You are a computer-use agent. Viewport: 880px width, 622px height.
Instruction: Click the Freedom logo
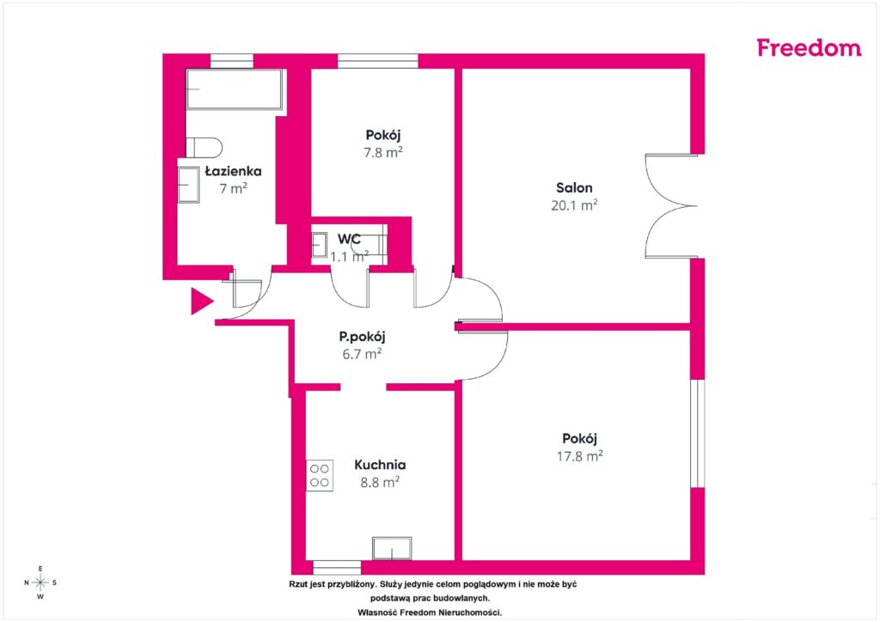click(x=809, y=47)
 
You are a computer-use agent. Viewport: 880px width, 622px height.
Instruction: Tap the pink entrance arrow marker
click(x=202, y=302)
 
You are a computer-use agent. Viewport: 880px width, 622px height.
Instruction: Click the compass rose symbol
click(x=40, y=582)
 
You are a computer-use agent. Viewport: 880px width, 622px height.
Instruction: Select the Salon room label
click(x=574, y=188)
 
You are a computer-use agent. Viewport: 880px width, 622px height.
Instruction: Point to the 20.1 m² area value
click(x=574, y=205)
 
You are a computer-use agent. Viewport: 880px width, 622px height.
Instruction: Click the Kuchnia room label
click(x=380, y=465)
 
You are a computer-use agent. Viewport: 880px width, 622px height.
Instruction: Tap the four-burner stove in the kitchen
click(x=320, y=476)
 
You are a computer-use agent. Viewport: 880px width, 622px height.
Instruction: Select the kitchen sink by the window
click(x=392, y=548)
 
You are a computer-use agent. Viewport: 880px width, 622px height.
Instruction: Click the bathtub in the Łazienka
click(x=234, y=88)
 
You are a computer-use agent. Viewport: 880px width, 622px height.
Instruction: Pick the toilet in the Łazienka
click(x=204, y=148)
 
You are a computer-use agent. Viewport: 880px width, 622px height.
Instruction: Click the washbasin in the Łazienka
click(x=188, y=185)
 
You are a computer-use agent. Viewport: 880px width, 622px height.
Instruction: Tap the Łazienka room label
click(x=233, y=171)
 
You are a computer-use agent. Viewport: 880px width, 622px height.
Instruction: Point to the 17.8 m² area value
click(x=580, y=456)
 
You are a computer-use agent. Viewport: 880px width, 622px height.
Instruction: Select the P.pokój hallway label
click(x=362, y=337)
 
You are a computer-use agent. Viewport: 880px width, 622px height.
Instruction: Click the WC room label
click(x=349, y=239)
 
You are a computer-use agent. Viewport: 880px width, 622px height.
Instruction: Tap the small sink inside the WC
click(x=320, y=245)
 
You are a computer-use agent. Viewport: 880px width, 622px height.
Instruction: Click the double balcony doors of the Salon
click(x=671, y=206)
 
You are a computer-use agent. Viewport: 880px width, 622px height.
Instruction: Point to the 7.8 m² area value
click(x=383, y=153)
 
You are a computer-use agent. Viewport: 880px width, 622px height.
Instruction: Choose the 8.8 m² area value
click(x=380, y=482)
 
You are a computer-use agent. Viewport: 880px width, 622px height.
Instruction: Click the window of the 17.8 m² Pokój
click(x=698, y=434)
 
